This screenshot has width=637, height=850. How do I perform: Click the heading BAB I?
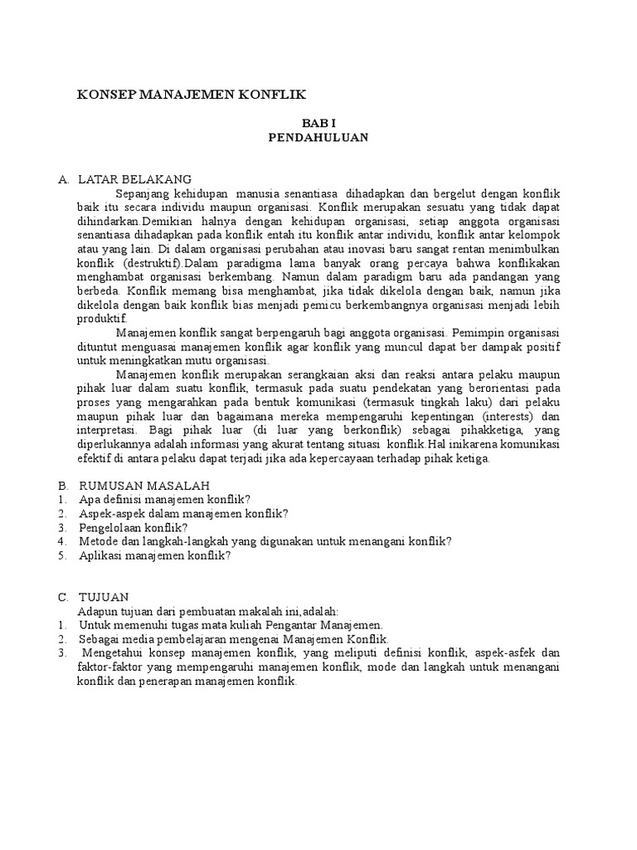click(318, 123)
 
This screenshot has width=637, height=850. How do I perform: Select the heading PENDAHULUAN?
click(318, 138)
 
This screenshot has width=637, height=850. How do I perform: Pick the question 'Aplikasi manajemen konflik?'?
click(154, 555)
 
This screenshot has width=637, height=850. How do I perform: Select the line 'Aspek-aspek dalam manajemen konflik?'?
click(183, 513)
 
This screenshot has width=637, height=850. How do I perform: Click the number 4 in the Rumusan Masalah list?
click(62, 541)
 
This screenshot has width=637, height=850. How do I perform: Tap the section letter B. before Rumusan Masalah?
click(62, 485)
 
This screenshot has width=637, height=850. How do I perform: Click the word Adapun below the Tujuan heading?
click(99, 611)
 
